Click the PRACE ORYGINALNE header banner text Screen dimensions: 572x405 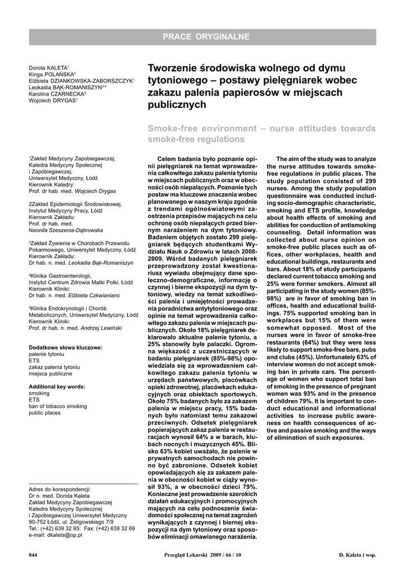(206, 37)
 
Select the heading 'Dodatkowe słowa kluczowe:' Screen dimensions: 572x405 (65, 347)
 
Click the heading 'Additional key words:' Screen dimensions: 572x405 (57, 387)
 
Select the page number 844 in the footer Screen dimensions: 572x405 (33, 555)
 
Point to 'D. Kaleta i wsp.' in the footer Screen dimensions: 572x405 (357, 555)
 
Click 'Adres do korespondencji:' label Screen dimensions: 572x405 (59, 489)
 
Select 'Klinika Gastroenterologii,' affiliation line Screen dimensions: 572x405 (60, 276)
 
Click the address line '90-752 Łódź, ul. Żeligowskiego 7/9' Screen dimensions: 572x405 (71, 522)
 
